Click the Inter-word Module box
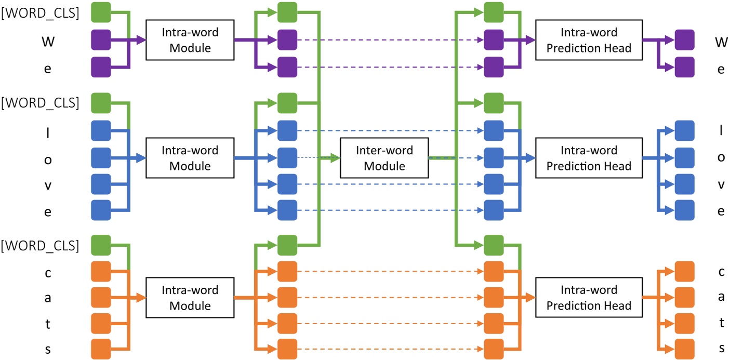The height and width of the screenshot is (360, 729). (x=384, y=158)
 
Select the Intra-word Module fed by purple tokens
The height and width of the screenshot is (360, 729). (x=190, y=40)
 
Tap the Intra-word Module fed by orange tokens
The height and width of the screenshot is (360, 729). (x=190, y=298)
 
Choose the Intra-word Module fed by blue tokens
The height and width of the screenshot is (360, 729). (x=190, y=158)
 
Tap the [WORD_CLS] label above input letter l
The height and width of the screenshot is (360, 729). (x=41, y=103)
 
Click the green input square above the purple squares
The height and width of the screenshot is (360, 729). (x=101, y=12)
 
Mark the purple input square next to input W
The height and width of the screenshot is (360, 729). (x=101, y=40)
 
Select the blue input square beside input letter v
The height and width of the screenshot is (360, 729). (x=101, y=184)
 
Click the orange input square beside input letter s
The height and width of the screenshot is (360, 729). (x=101, y=349)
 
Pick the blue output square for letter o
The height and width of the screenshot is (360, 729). (x=684, y=157)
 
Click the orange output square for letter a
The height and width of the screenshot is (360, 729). (x=684, y=297)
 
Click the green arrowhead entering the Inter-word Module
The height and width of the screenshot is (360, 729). (x=335, y=158)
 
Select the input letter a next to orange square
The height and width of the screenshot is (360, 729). (x=48, y=298)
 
